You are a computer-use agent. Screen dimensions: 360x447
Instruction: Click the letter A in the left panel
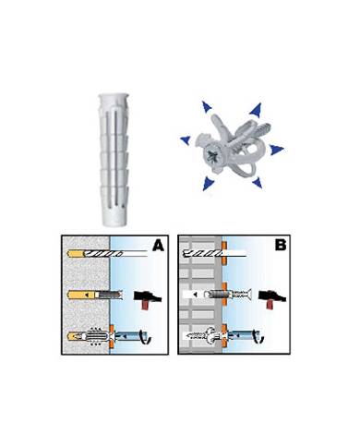[x=159, y=246]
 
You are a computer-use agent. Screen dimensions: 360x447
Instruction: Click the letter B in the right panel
[x=280, y=246]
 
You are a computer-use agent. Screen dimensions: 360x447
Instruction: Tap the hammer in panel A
[x=147, y=298]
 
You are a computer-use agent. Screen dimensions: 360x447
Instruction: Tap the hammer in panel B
[x=272, y=298]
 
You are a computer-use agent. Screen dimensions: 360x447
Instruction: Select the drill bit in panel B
[x=214, y=253]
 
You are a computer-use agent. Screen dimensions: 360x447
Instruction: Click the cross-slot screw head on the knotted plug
[x=212, y=157]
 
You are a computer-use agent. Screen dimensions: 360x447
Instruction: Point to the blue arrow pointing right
[x=277, y=150]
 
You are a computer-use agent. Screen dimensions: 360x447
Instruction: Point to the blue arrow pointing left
[x=186, y=139]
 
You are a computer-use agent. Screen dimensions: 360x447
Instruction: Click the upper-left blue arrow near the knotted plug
[x=207, y=106]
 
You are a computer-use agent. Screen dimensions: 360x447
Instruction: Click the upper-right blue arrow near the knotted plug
[x=256, y=110]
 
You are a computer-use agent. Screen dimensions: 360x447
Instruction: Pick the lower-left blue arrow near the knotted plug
[x=209, y=183]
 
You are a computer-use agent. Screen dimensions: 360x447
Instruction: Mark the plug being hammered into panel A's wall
[x=110, y=296]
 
